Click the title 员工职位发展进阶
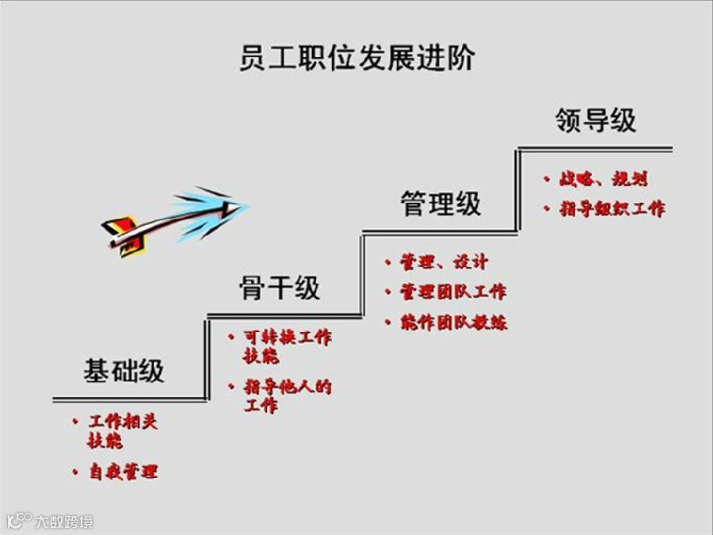(356, 58)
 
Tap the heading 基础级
(124, 371)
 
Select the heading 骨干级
(280, 288)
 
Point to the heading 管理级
(440, 204)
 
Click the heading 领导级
(596, 120)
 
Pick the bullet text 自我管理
(123, 472)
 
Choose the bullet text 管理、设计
(444, 262)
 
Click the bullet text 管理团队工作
(452, 292)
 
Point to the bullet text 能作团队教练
(453, 323)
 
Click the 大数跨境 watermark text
(63, 522)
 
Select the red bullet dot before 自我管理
(74, 472)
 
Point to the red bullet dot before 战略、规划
(547, 180)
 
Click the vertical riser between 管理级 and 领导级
(518, 190)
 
